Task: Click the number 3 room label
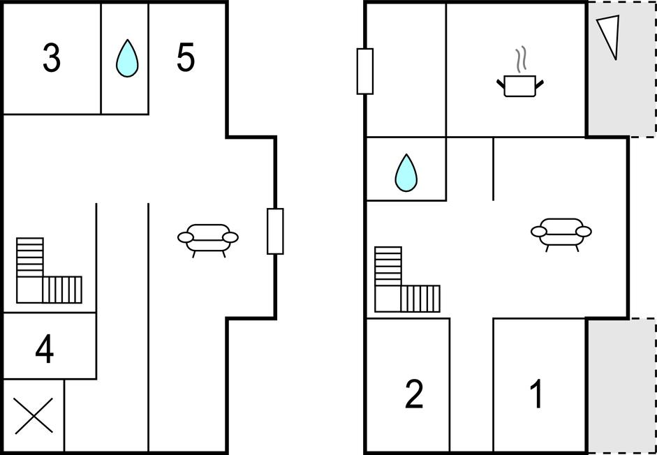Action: [x=51, y=59]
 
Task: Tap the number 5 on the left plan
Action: [x=185, y=58]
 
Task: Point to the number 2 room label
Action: [x=414, y=394]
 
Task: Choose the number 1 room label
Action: [x=536, y=394]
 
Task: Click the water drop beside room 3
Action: [x=126, y=58]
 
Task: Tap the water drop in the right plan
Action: [x=406, y=172]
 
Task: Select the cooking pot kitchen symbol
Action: [x=519, y=86]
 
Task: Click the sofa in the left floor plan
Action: [x=208, y=238]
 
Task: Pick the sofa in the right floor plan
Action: [x=561, y=232]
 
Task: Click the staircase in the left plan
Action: [x=47, y=273]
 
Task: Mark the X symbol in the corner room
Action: [x=34, y=417]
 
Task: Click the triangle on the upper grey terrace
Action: [x=608, y=36]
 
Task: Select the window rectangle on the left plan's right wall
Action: [x=275, y=231]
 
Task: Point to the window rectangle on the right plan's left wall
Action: [x=365, y=71]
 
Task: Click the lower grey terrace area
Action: [x=620, y=385]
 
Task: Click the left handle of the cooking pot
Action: [x=501, y=84]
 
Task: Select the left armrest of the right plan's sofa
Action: [x=538, y=231]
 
